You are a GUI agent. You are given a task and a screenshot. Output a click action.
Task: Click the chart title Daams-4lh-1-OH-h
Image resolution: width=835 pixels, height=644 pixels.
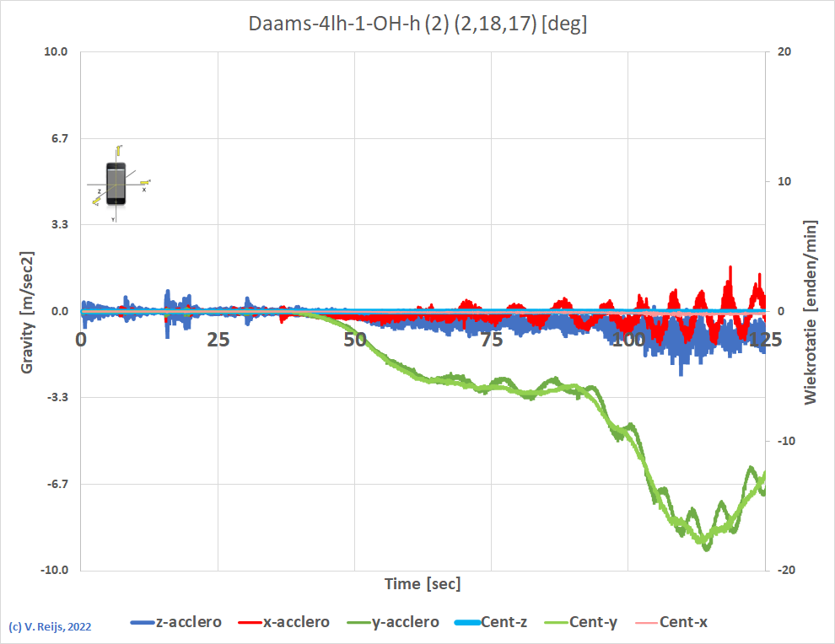pyautogui.click(x=417, y=24)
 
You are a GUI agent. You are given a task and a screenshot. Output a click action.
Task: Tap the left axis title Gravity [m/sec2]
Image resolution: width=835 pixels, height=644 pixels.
pyautogui.click(x=28, y=312)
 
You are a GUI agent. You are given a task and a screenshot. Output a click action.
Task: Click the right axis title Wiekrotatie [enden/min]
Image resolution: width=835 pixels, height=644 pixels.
pyautogui.click(x=811, y=312)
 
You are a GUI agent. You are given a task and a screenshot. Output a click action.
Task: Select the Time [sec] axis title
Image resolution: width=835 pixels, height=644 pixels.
pyautogui.click(x=423, y=583)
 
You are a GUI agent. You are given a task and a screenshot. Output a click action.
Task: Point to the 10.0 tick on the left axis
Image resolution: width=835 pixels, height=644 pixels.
pyautogui.click(x=56, y=51)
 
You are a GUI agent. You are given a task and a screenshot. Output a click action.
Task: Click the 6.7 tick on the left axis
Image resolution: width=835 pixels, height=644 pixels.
pyautogui.click(x=59, y=138)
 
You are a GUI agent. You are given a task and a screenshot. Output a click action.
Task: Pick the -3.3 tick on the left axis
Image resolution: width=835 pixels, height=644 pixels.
pyautogui.click(x=57, y=398)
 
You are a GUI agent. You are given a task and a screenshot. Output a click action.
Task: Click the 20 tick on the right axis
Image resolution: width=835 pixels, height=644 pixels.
pyautogui.click(x=784, y=51)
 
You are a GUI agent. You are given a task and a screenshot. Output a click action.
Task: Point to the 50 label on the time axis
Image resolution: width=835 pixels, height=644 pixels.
pyautogui.click(x=355, y=340)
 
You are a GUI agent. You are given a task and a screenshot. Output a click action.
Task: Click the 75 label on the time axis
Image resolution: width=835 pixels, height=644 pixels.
pyautogui.click(x=492, y=340)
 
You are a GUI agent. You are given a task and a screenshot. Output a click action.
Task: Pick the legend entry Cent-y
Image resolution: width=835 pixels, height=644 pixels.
pyautogui.click(x=594, y=622)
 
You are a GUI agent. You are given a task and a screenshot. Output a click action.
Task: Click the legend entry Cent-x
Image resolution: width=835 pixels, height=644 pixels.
pyautogui.click(x=683, y=622)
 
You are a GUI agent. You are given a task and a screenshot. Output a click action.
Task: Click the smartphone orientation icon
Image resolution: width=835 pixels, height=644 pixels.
pyautogui.click(x=116, y=183)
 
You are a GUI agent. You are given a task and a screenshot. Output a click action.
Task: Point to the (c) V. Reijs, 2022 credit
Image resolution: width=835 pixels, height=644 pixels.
pyautogui.click(x=50, y=627)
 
